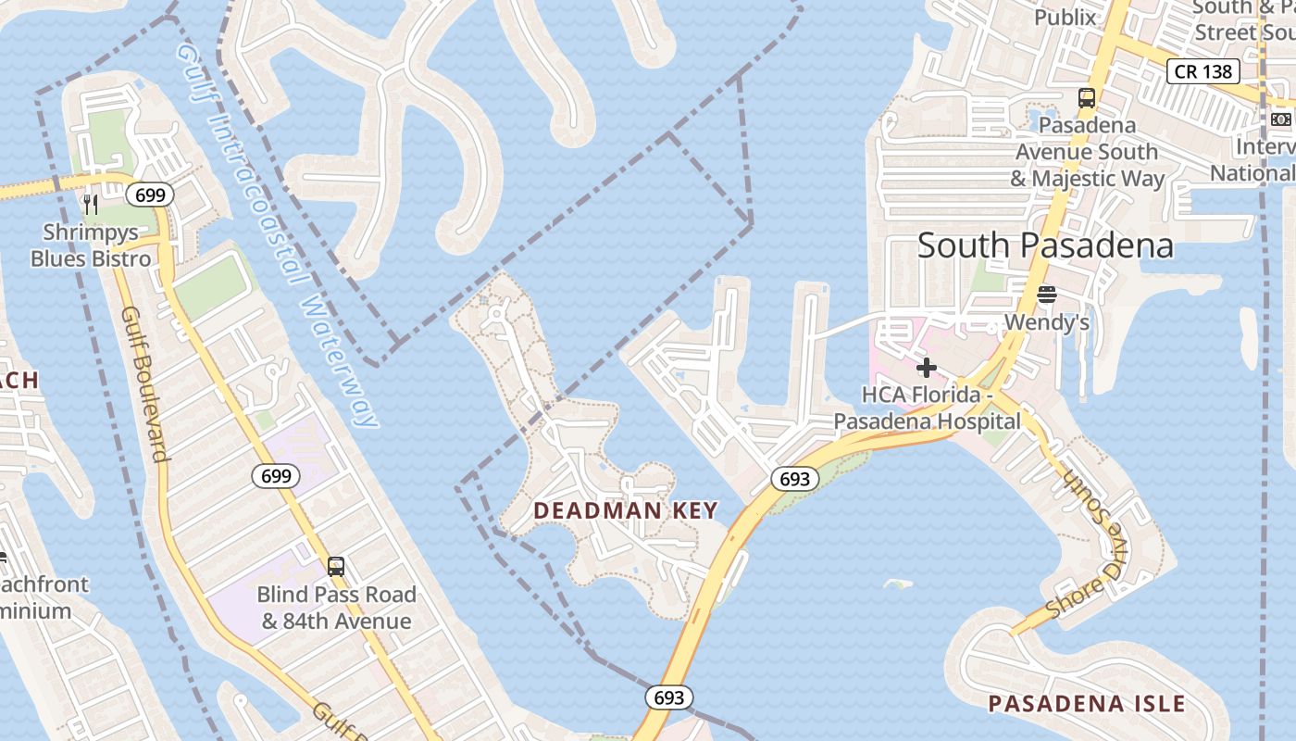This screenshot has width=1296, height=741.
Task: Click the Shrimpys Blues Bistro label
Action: [91, 245]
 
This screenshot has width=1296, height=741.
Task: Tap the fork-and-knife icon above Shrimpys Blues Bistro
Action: [91, 204]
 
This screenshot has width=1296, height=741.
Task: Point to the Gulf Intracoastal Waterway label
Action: [277, 232]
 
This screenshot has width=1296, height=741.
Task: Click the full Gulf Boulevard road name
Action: [144, 383]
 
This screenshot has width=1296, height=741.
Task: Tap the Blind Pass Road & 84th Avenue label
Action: [336, 608]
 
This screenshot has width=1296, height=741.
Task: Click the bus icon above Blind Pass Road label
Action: [336, 566]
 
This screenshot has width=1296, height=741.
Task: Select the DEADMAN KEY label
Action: [626, 510]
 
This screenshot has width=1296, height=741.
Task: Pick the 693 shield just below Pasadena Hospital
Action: [794, 479]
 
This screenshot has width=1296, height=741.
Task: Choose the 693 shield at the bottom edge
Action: [668, 697]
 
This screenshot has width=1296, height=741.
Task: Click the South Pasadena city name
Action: [1045, 245]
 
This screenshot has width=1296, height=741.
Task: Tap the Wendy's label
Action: [1047, 323]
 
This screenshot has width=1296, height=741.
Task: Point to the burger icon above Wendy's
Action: [1047, 295]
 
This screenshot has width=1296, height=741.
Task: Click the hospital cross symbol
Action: [927, 368]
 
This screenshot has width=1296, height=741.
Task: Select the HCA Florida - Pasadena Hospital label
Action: [927, 408]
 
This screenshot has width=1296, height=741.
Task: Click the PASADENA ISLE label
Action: [1087, 703]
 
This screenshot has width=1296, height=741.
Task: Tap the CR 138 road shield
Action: [1203, 71]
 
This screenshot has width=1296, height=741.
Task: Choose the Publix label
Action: [1065, 17]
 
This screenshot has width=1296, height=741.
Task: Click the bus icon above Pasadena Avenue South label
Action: [1087, 98]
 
